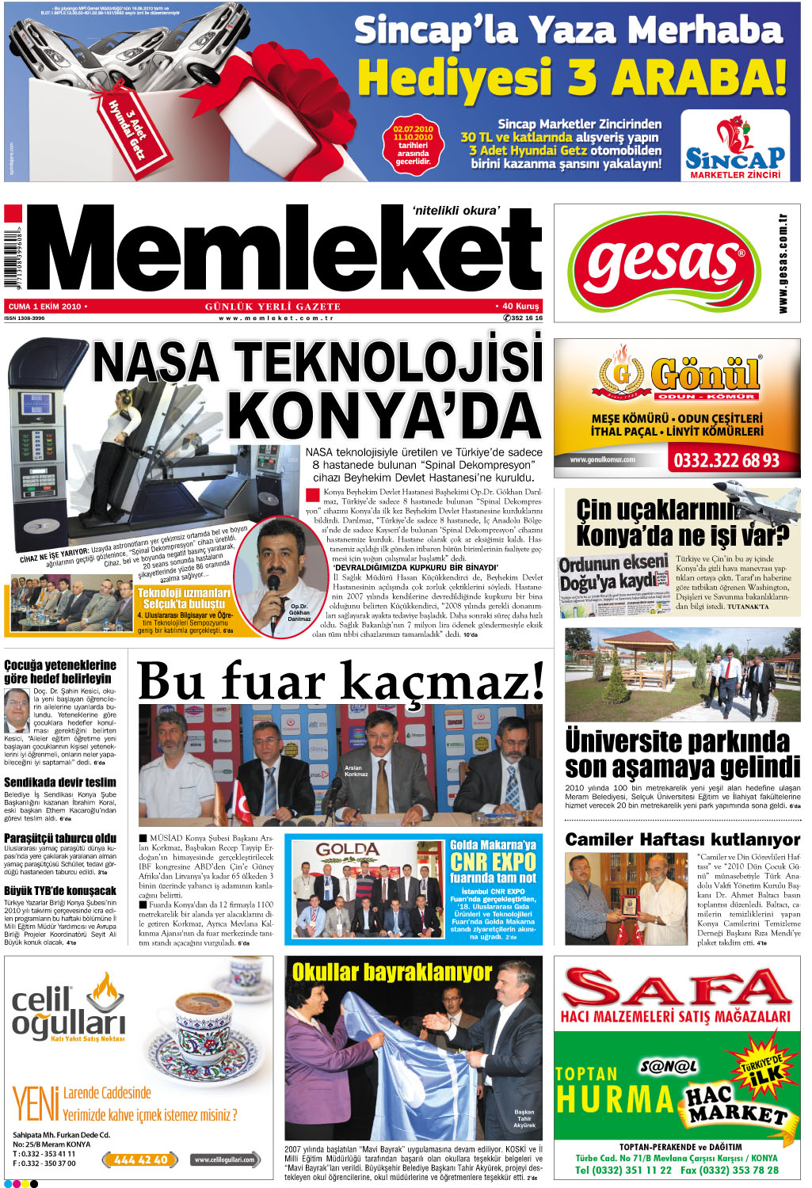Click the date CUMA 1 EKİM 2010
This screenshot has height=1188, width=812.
45,307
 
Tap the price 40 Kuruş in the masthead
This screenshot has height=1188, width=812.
520,307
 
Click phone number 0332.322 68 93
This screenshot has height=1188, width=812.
726,461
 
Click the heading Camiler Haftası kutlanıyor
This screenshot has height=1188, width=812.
682,840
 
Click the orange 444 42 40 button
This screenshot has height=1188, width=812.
140,1159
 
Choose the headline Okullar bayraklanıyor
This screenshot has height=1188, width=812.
392,973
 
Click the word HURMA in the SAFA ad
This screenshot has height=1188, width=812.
614,1100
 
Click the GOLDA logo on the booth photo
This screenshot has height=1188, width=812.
346,851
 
